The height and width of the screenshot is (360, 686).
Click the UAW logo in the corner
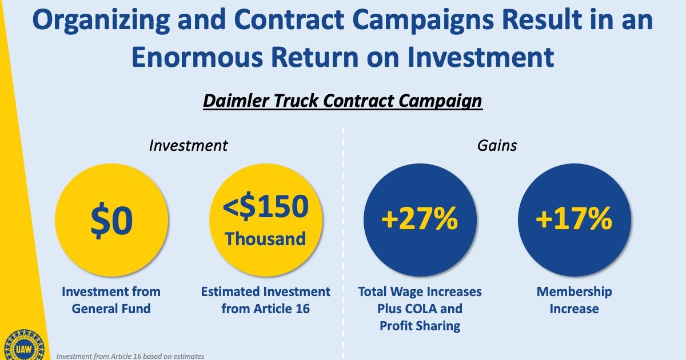pyautogui.click(x=24, y=345)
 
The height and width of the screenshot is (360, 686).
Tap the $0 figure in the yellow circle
pyautogui.click(x=112, y=221)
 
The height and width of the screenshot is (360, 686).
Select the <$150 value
pyautogui.click(x=265, y=206)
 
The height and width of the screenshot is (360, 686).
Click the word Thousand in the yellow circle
pyautogui.click(x=265, y=239)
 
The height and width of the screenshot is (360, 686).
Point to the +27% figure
pyautogui.click(x=420, y=218)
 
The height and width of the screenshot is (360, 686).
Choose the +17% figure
pyautogui.click(x=574, y=218)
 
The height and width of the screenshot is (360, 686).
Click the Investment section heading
pyautogui.click(x=188, y=145)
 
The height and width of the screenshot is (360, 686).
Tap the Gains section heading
pyautogui.click(x=497, y=145)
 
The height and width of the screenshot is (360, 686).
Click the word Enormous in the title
pyautogui.click(x=197, y=57)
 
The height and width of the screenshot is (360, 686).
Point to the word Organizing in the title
pyautogui.click(x=101, y=20)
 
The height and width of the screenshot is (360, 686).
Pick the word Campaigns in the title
pyautogui.click(x=423, y=20)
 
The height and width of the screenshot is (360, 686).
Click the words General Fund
pyautogui.click(x=111, y=309)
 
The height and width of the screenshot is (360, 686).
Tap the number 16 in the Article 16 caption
pyautogui.click(x=302, y=309)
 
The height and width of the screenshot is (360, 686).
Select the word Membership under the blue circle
pyautogui.click(x=574, y=292)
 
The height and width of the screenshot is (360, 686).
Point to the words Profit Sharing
pyautogui.click(x=420, y=326)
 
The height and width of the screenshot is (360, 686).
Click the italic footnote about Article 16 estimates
pyautogui.click(x=130, y=357)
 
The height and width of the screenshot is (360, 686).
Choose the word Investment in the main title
pyautogui.click(x=481, y=57)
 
